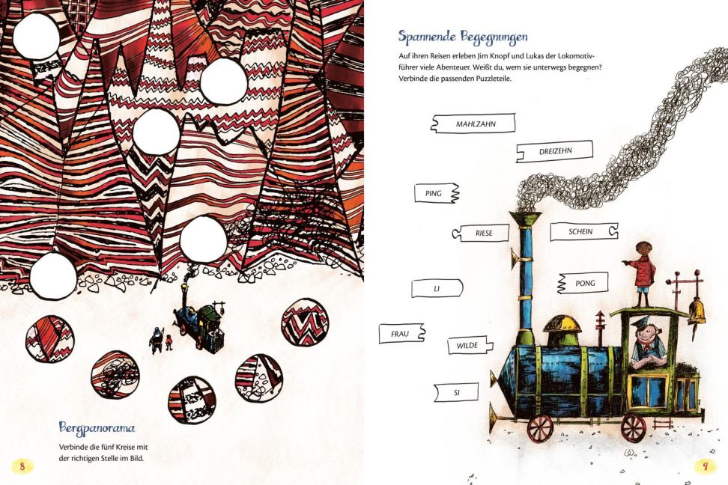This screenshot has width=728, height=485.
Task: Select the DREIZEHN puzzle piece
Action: point(555,151)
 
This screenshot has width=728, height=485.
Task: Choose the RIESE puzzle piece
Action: point(481,233)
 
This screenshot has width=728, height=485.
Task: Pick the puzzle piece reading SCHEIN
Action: point(584,231)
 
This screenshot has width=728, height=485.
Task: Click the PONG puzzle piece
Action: point(583,283)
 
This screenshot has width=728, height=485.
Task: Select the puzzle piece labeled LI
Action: point(437,289)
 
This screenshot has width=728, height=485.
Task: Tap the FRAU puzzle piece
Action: point(402,334)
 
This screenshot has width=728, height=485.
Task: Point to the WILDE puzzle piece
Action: point(470,346)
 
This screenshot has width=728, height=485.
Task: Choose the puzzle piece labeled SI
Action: point(456,393)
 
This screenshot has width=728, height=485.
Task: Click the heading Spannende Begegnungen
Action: point(463,38)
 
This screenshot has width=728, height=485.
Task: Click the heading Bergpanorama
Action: point(97,428)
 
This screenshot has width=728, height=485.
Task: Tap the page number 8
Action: point(22,466)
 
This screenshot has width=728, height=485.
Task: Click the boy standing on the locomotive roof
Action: point(642,274)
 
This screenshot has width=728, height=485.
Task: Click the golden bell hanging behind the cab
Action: point(697,313)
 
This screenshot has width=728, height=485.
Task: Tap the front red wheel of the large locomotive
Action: point(541,428)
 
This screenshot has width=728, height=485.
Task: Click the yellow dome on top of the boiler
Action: point(562,323)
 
